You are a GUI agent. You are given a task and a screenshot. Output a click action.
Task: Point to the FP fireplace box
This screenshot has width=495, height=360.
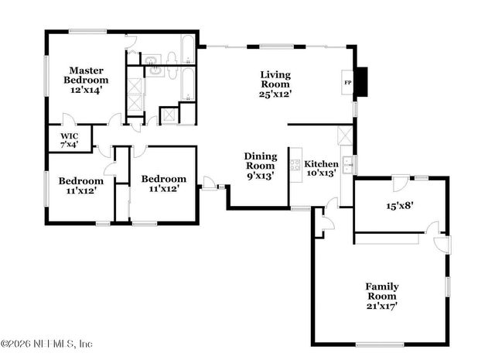[x=347, y=81]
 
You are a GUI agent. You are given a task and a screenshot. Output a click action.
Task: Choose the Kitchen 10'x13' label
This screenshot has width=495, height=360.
[x=320, y=168]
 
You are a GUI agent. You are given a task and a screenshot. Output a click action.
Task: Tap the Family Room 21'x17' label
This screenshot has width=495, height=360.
[x=381, y=296]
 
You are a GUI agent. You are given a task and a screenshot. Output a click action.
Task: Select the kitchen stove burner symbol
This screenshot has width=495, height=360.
[x=295, y=164]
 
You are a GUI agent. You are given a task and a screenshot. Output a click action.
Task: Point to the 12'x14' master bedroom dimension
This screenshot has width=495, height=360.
[x=85, y=90]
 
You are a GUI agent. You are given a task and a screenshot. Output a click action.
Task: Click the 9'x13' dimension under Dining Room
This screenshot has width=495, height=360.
[x=260, y=175]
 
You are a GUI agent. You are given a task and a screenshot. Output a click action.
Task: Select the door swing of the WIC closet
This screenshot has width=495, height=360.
[x=69, y=120]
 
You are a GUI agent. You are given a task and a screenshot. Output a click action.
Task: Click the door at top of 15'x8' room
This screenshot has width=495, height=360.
[x=400, y=183]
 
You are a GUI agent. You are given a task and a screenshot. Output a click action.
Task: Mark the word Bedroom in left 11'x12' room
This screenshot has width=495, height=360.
[x=80, y=181]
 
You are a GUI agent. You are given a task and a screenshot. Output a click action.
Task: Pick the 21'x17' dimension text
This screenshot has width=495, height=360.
[x=381, y=306]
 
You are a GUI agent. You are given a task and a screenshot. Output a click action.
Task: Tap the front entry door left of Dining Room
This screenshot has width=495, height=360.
[x=208, y=183]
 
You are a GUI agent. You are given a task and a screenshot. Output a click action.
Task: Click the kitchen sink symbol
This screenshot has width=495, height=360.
[x=348, y=163]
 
